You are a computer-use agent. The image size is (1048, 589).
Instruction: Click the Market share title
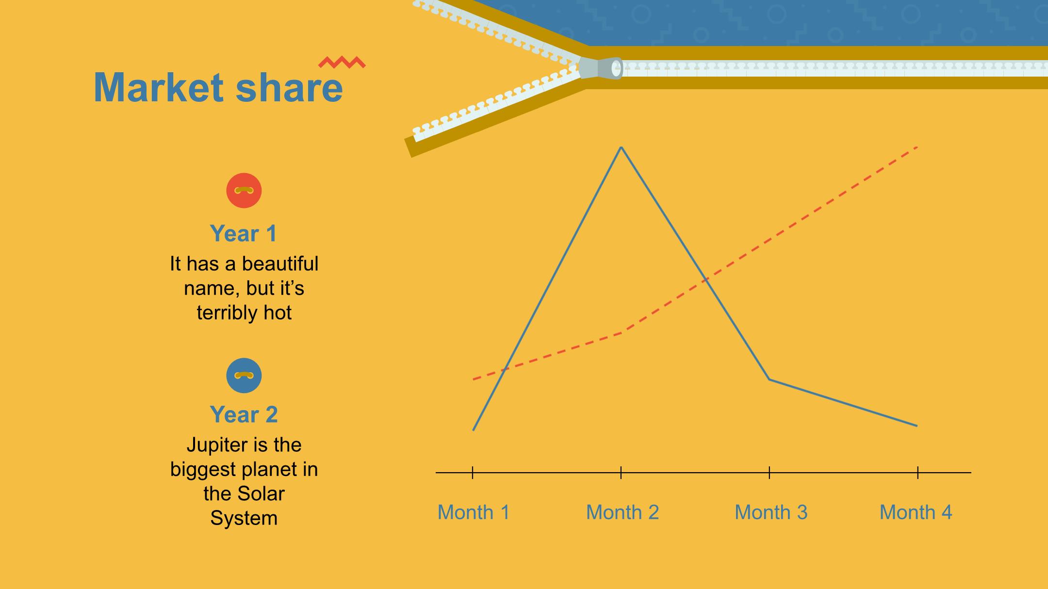(218, 87)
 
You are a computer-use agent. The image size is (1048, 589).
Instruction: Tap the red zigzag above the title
(342, 62)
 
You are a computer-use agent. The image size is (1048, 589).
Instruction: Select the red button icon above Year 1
(244, 191)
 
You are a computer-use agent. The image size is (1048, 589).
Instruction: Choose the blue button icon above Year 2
(244, 376)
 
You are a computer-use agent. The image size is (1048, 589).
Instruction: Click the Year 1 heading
(244, 234)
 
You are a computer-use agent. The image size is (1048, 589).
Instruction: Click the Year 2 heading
(244, 414)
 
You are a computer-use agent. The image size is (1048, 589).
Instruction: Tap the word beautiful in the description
(280, 264)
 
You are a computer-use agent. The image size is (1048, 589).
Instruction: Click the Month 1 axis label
(474, 512)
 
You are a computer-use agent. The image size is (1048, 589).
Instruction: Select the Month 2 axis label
(622, 512)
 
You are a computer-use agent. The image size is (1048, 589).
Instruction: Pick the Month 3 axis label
(771, 512)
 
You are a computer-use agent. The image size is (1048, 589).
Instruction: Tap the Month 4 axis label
(916, 512)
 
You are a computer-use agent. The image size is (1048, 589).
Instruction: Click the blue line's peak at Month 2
(622, 147)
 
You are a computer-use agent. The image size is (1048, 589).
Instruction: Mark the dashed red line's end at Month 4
(917, 146)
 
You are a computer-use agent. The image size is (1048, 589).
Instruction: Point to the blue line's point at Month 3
(770, 379)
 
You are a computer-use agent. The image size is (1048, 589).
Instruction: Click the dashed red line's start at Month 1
(474, 379)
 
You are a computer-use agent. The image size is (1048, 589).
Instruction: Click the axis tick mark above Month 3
(770, 472)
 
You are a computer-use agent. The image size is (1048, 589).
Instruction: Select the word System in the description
(244, 518)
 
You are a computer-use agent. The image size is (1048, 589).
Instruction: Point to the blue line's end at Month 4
(917, 426)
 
